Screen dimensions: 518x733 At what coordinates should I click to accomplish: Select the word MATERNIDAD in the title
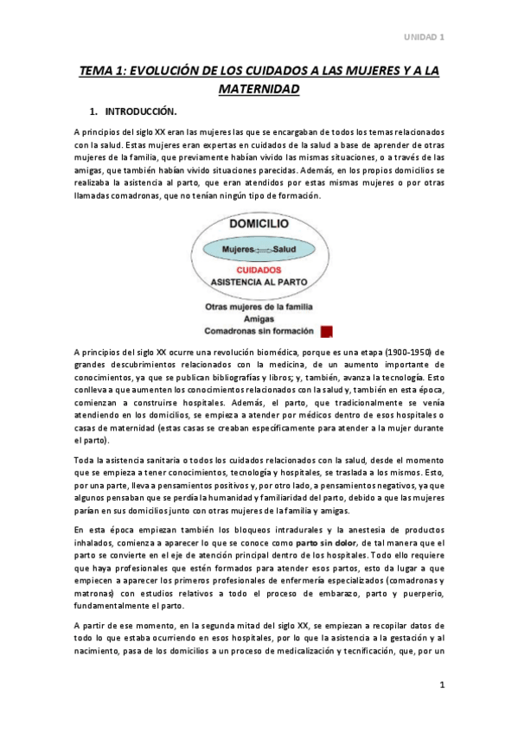coord(259,89)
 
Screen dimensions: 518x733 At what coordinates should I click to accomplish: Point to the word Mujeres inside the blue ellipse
coord(237,249)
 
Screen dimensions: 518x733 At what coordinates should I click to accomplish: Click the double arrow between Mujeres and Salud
coord(260,250)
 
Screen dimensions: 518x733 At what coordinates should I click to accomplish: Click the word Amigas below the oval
coord(259,319)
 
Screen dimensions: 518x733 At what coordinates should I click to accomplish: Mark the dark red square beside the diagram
coord(326,330)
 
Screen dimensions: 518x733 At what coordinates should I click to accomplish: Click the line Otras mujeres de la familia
coord(259,307)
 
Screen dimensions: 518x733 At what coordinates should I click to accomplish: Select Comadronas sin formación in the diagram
coord(259,331)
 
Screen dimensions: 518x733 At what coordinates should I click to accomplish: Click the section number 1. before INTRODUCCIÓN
coord(94,112)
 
